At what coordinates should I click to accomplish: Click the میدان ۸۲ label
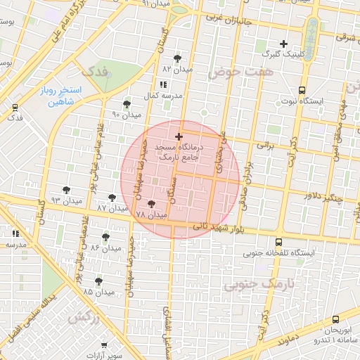pyautogui.click(x=177, y=70)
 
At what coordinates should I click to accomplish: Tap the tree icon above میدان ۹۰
pyautogui.click(x=127, y=103)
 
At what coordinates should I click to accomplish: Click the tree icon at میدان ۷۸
pyautogui.click(x=151, y=203)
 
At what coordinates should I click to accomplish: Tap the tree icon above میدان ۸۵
pyautogui.click(x=98, y=281)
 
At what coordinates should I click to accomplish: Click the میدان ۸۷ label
pyautogui.click(x=112, y=209)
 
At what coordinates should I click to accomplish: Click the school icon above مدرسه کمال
pyautogui.click(x=163, y=84)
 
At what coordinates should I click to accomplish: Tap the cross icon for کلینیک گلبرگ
pyautogui.click(x=284, y=44)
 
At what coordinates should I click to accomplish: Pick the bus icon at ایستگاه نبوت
pyautogui.click(x=302, y=90)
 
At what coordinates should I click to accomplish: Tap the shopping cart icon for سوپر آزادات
pyautogui.click(x=105, y=345)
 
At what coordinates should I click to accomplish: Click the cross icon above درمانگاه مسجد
pyautogui.click(x=179, y=136)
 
